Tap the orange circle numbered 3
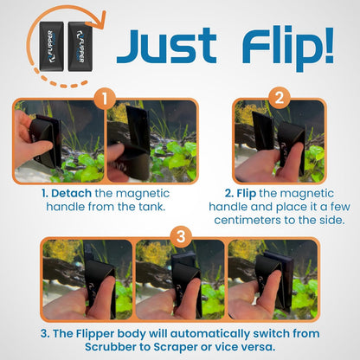coord(180,235)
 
